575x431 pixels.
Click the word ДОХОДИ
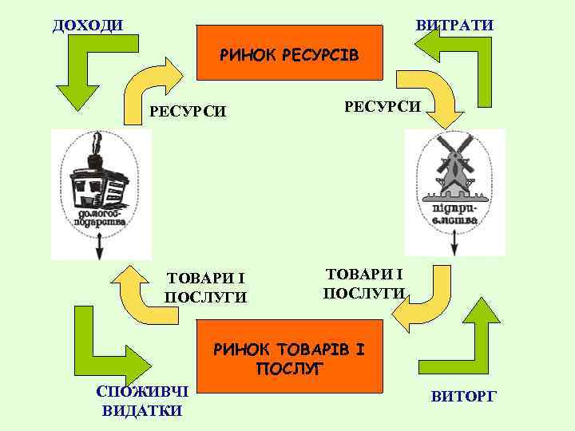tap(88, 25)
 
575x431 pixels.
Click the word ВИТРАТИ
tap(454, 26)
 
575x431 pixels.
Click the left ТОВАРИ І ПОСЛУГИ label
tap(205, 287)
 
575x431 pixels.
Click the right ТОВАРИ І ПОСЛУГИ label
tap(363, 283)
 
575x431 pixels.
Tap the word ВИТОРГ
tap(463, 395)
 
